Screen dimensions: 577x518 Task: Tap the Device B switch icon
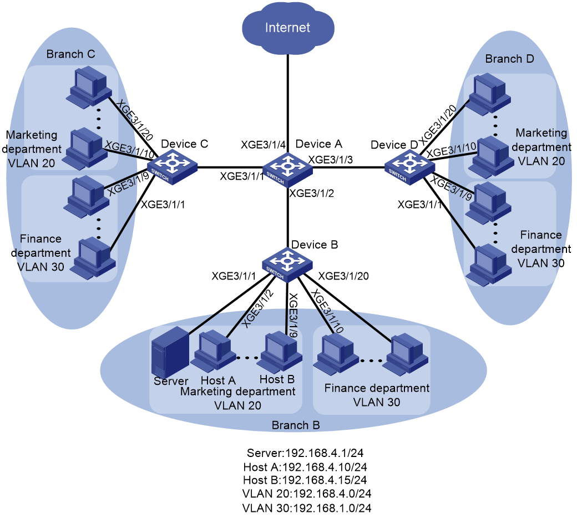287,265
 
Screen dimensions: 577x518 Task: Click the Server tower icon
170,352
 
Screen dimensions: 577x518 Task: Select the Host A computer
215,352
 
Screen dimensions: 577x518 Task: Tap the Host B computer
280,352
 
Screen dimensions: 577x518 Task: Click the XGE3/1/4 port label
263,145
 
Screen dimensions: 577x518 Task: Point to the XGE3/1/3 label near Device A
331,160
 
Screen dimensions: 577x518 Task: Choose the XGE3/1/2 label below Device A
312,193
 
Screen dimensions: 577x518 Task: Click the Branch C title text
70,54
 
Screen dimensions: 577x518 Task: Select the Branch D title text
510,59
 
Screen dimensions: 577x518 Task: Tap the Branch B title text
296,425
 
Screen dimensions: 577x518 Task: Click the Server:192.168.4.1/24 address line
305,453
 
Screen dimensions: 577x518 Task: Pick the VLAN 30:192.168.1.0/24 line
306,508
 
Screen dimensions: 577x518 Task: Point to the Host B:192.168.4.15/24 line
305,480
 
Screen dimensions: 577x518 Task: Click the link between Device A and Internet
288,104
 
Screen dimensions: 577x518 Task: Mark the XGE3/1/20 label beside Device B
343,276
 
